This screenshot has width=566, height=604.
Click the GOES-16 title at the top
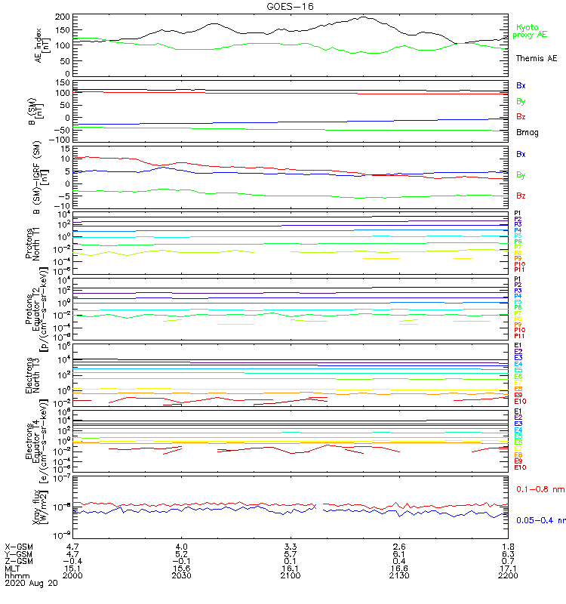(290, 6)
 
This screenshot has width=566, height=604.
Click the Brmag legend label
(528, 132)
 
